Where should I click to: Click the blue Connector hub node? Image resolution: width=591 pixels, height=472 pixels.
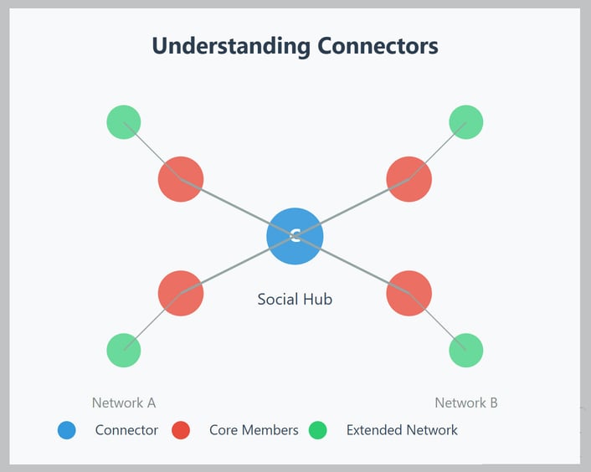point(295,236)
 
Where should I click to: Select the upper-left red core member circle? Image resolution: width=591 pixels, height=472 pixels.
point(181,179)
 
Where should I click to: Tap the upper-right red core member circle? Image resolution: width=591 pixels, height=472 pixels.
point(409,179)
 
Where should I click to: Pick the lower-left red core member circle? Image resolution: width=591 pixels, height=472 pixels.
point(181,293)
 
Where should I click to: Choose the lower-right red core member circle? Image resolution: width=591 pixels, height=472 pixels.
point(409,293)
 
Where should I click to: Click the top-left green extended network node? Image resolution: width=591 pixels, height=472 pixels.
point(124,122)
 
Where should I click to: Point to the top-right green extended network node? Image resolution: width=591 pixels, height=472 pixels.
point(466,122)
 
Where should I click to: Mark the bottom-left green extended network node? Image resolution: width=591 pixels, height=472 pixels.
point(124,350)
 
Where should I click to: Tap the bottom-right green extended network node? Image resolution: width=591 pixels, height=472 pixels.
point(466,350)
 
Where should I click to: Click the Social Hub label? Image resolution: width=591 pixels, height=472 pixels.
point(295,299)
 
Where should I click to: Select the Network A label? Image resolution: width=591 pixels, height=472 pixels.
point(124,403)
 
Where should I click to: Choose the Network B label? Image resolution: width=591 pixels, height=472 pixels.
point(466,403)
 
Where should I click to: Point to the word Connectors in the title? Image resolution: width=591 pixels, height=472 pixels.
point(378,46)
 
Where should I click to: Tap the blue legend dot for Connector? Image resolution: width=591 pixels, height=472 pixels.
point(67,430)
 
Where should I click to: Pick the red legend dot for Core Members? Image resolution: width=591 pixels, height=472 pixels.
point(181,430)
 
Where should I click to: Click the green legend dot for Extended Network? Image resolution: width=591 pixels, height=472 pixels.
point(318,430)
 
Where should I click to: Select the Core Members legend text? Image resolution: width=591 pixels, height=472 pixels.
point(254,430)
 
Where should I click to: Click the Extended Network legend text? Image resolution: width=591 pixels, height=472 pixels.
point(402,430)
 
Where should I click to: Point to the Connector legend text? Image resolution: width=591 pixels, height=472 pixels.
point(126,430)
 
